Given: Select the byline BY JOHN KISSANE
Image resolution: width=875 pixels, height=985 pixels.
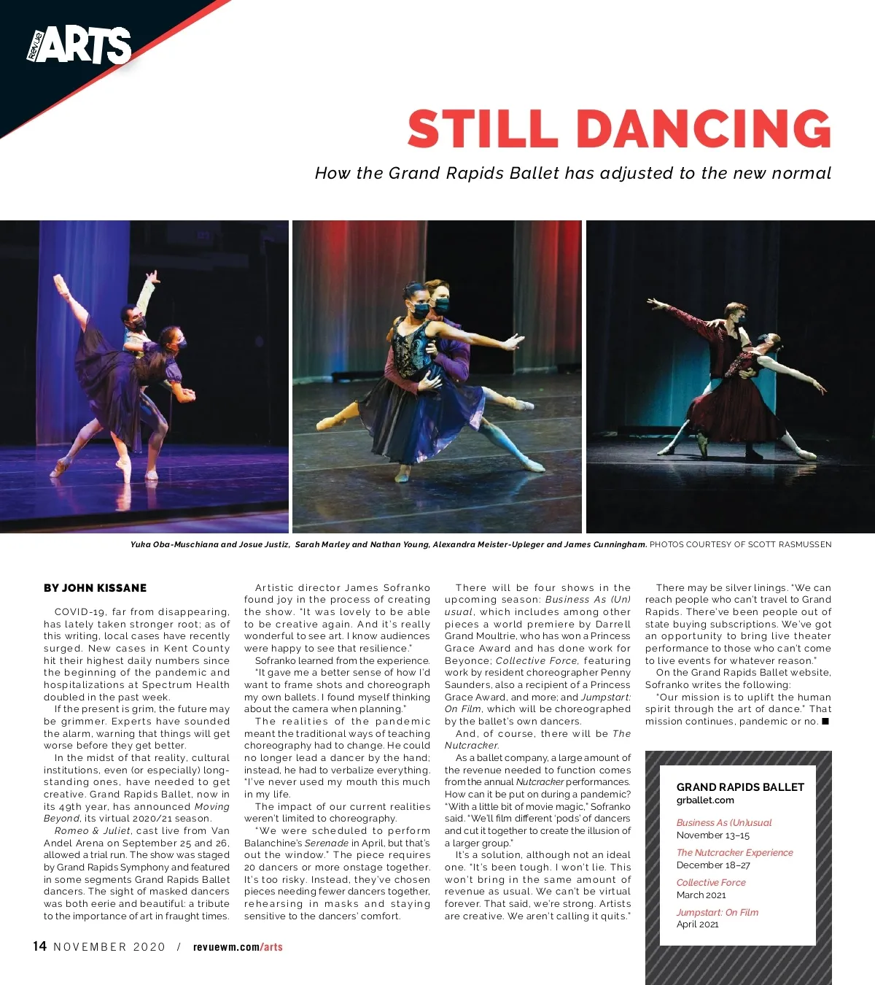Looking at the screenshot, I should pos(95,588).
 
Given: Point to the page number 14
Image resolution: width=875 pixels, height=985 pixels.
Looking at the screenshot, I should pos(40,946).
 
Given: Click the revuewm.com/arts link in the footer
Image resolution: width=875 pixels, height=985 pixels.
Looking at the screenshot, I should pos(238,947).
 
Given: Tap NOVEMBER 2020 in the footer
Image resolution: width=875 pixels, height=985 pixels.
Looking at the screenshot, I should pos(109,947).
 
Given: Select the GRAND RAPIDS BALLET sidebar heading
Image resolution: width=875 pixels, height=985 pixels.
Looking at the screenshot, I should pos(740,787).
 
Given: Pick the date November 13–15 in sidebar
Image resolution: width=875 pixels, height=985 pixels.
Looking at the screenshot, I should pos(712,835).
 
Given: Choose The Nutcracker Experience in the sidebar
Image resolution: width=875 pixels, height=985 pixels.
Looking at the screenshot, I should pos(734,852).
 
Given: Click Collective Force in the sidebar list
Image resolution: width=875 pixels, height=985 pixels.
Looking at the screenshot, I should pos(711,882).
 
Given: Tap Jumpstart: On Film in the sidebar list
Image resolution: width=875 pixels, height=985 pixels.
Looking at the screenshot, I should pos(717,912).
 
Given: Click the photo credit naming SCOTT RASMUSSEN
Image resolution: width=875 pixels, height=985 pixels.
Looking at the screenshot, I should pos(740,544).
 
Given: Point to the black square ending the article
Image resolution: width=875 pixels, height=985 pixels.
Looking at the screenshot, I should pos(825,722).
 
